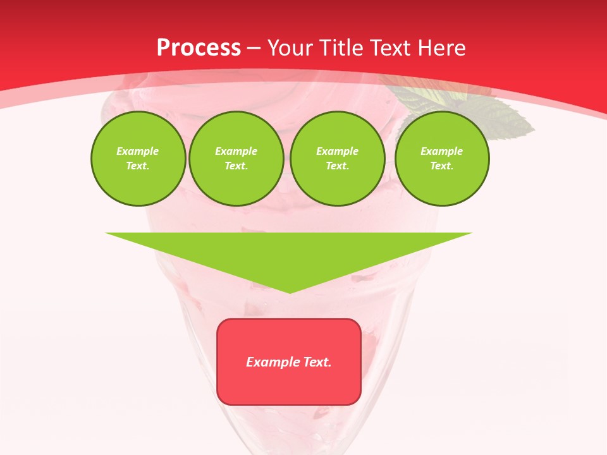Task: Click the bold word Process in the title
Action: click(x=199, y=48)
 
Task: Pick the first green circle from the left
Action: click(x=138, y=159)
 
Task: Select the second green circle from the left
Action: click(x=236, y=159)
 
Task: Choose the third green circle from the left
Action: click(x=337, y=159)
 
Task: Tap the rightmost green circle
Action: click(x=441, y=159)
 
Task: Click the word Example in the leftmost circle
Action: click(x=138, y=151)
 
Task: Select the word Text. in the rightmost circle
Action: click(x=441, y=166)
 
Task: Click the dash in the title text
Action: click(x=254, y=49)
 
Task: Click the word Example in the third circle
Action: click(x=337, y=151)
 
